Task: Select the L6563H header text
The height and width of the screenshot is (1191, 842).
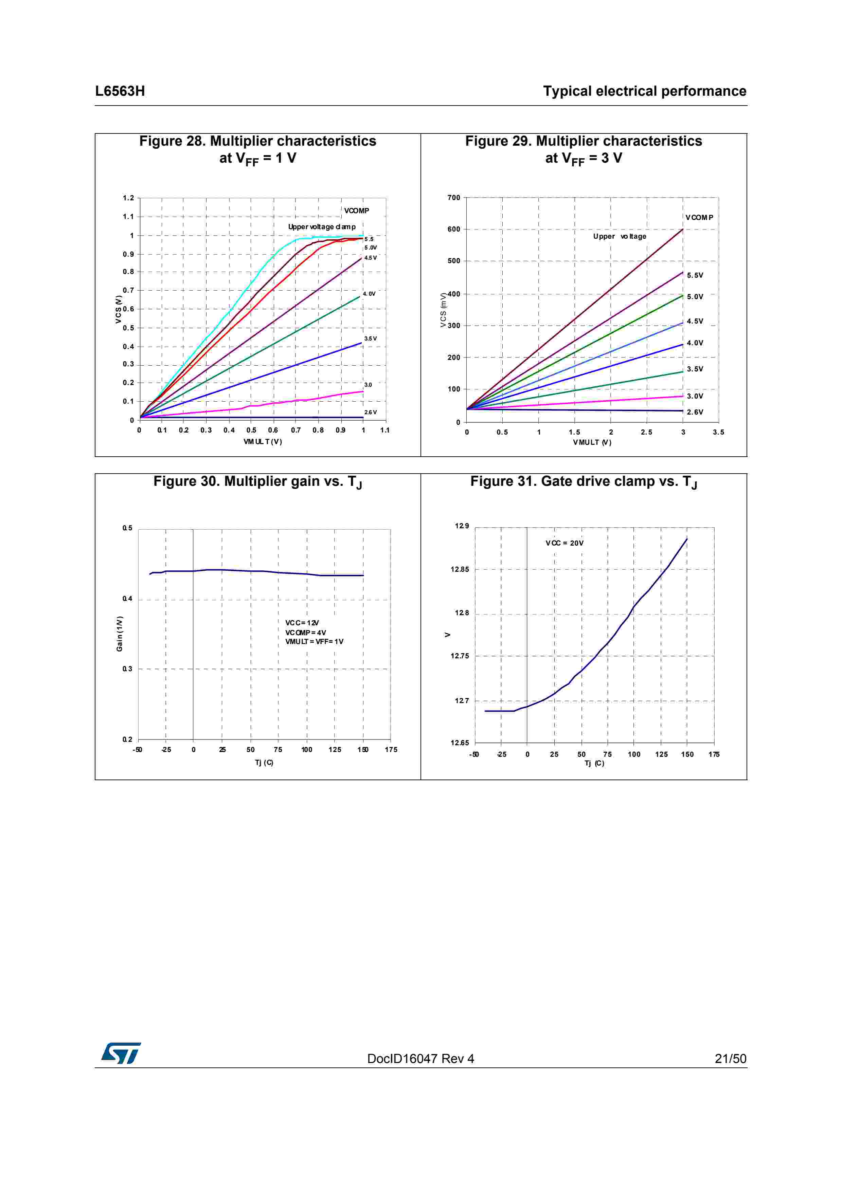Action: point(120,91)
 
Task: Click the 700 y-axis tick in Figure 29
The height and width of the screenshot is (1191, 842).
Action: point(453,198)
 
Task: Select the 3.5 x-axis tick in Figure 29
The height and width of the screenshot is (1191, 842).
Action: point(718,432)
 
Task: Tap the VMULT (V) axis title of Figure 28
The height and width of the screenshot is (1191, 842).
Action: point(263,442)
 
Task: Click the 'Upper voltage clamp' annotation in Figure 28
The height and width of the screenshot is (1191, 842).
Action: point(322,227)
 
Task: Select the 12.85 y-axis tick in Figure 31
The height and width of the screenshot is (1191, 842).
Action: point(459,570)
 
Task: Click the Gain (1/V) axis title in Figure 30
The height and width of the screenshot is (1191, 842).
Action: point(119,634)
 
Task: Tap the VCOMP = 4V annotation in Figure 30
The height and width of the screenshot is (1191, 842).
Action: point(306,632)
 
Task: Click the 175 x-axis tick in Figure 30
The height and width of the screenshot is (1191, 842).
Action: point(391,750)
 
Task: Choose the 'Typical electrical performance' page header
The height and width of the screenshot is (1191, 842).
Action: point(644,91)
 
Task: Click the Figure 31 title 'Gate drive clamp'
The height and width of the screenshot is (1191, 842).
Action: point(583,482)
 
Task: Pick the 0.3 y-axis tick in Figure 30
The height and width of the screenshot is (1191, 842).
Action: point(127,669)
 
